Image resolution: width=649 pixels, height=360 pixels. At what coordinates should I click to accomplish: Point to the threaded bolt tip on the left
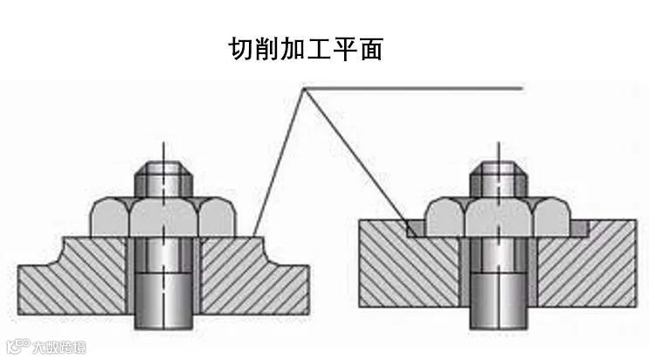(x=165, y=178)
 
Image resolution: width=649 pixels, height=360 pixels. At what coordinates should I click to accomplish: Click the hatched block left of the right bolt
(x=411, y=271)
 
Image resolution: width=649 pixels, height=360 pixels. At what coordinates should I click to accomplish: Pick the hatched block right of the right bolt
(x=585, y=271)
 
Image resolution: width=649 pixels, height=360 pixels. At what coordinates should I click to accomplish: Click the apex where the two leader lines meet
(x=303, y=88)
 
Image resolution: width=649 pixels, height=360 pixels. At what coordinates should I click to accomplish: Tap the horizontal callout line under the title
(x=419, y=88)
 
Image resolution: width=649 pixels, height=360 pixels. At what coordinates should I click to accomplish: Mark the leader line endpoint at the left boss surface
(x=254, y=235)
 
